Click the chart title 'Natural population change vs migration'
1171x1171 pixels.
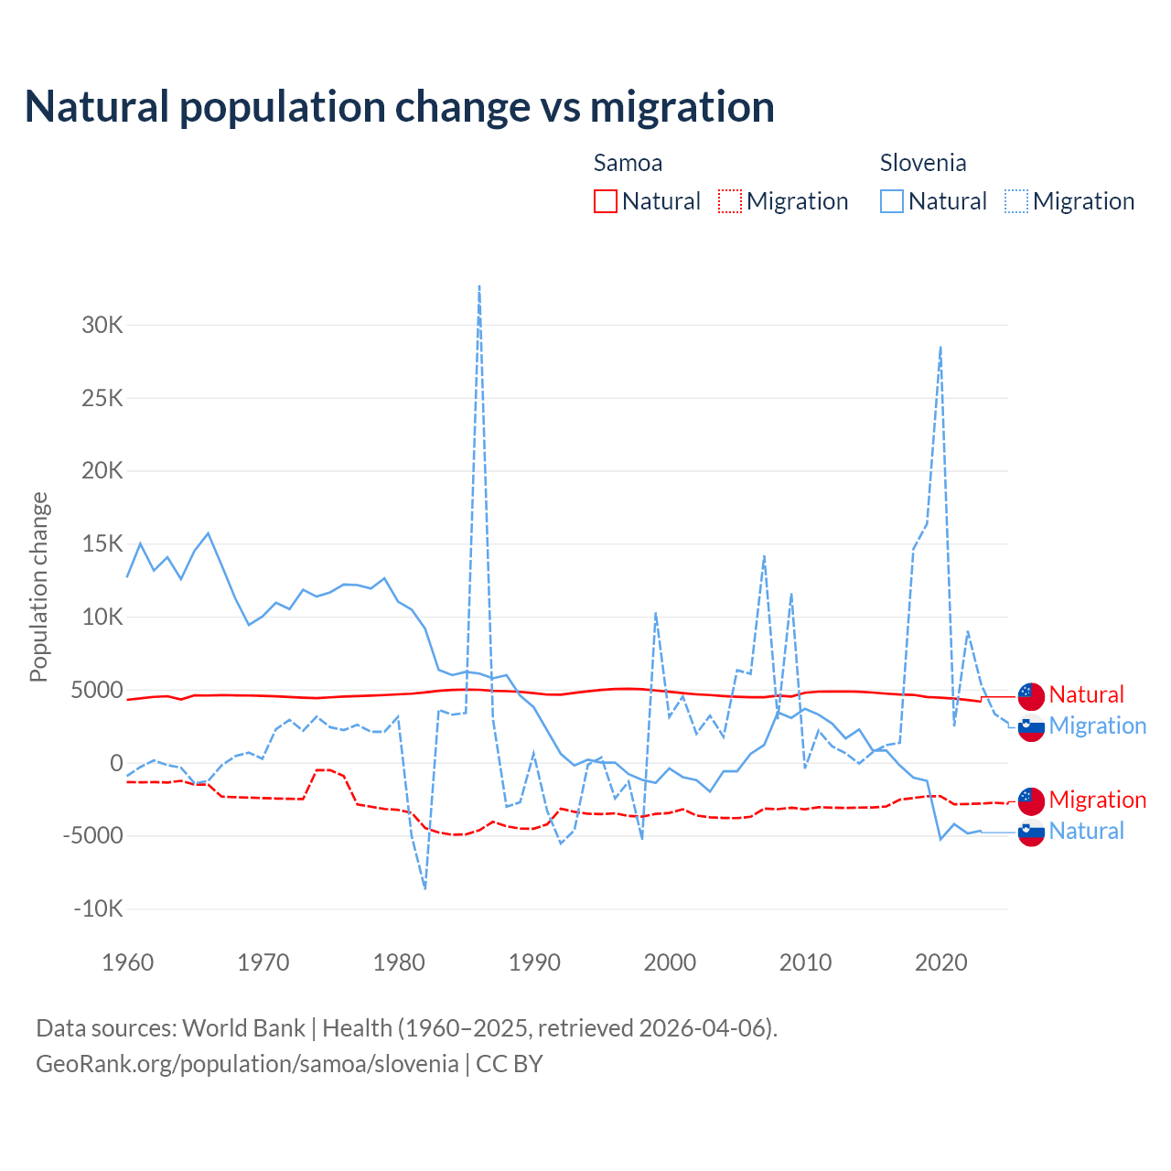click(400, 106)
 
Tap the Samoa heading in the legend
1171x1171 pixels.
click(628, 163)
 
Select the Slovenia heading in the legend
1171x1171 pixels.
click(923, 163)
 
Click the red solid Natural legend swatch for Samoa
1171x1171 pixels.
click(606, 201)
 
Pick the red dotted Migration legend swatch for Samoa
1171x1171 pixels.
click(730, 201)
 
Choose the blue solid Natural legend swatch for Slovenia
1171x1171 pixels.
click(892, 201)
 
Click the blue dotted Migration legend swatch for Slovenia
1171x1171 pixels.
click(1016, 201)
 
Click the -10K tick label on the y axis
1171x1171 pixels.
click(99, 908)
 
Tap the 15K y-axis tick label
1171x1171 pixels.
click(102, 544)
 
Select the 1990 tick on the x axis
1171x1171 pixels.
click(534, 962)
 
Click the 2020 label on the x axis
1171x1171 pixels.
click(941, 962)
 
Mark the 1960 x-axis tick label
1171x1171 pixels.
click(128, 962)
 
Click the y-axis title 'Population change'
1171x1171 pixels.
click(38, 586)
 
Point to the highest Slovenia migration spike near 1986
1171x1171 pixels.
click(479, 286)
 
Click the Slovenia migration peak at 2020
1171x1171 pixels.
click(940, 348)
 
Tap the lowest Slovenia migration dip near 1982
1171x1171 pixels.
click(425, 887)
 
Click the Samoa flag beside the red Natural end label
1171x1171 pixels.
click(1031, 696)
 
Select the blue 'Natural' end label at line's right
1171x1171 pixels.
click(1087, 831)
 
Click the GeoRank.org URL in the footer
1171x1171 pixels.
click(247, 1064)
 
